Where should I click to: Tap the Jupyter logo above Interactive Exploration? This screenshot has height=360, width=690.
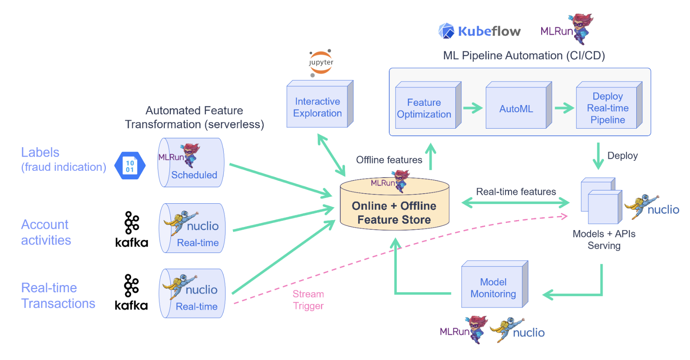(321, 63)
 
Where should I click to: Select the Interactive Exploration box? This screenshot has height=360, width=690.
(317, 107)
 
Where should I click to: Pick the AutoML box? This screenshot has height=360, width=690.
(516, 109)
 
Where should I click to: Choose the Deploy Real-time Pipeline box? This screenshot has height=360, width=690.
(607, 108)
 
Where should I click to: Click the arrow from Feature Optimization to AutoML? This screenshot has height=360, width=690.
(473, 108)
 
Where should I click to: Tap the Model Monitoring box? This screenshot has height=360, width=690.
(493, 287)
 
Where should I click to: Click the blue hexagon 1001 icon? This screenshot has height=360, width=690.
(130, 166)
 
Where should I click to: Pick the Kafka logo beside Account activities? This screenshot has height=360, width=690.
(132, 229)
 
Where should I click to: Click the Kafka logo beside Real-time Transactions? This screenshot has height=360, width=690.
(131, 292)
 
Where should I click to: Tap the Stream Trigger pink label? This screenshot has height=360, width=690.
(308, 300)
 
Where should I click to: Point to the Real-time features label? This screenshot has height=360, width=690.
(516, 192)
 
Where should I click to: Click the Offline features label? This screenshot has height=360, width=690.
(389, 160)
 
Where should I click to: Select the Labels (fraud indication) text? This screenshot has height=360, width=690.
(63, 160)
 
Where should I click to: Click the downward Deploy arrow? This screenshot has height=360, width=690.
(598, 156)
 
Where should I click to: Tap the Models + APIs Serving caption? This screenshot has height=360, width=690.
(604, 240)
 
